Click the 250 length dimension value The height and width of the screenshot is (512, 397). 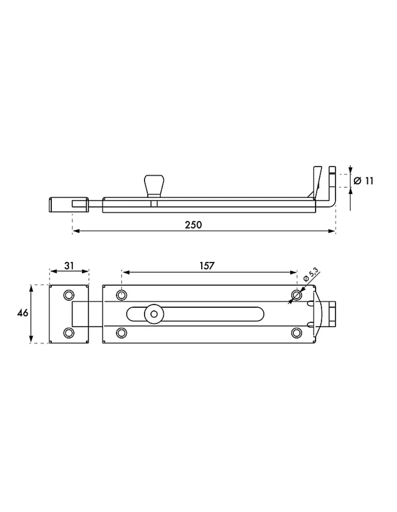(193, 225)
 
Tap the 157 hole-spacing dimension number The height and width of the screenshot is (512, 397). (207, 266)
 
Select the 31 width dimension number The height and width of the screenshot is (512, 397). (69, 266)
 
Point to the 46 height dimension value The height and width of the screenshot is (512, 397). (23, 313)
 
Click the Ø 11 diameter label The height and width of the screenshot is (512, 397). (364, 181)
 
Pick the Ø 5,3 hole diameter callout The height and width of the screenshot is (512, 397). (311, 275)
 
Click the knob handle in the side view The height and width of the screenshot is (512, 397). (154, 186)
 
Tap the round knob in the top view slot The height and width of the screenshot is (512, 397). (154, 314)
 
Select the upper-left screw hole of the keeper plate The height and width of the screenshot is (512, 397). (69, 295)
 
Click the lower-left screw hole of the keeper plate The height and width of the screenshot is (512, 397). (69, 333)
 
